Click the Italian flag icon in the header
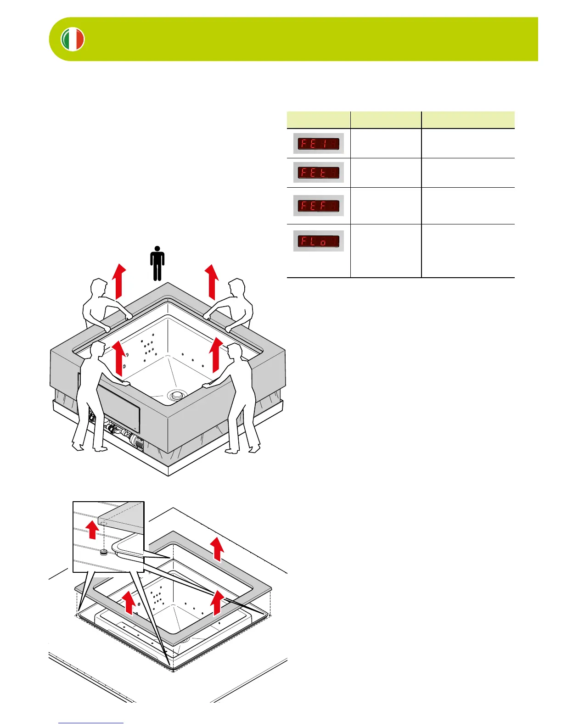(x=73, y=39)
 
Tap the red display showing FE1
(x=318, y=144)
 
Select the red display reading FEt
(x=318, y=173)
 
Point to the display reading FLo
(x=318, y=241)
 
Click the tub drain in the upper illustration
(x=175, y=394)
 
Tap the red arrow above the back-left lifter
(x=120, y=281)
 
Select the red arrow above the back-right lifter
(x=212, y=281)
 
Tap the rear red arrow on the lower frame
(x=218, y=549)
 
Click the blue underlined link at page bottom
(x=91, y=723)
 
